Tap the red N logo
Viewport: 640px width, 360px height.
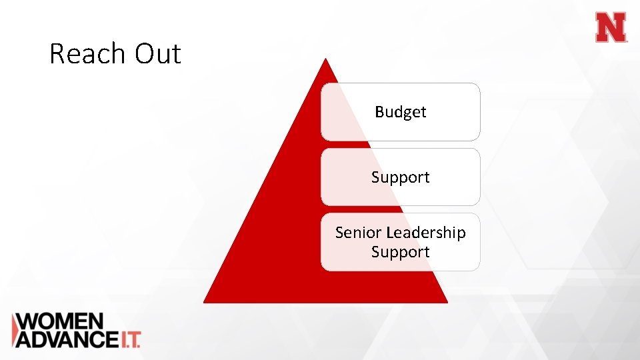(x=611, y=28)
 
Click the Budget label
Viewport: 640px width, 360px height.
(x=400, y=112)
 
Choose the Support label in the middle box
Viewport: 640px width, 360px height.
(x=400, y=177)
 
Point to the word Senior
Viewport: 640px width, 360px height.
(x=359, y=233)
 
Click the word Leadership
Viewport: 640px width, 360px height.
(x=426, y=233)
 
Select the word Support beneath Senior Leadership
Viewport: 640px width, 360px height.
(x=400, y=252)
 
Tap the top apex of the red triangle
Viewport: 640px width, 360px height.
(x=325, y=59)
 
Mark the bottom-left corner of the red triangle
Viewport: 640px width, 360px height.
(x=204, y=302)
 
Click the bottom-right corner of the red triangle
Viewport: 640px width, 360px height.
(x=447, y=302)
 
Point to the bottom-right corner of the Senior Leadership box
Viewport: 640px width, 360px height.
(x=478, y=269)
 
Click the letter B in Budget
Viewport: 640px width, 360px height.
(x=379, y=112)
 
